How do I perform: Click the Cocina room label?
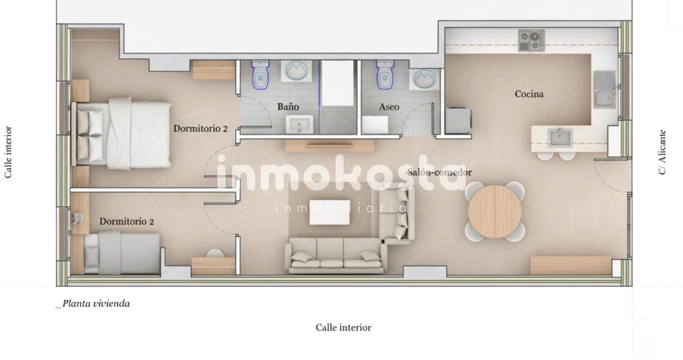click(529, 94)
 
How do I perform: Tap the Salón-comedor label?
click(439, 172)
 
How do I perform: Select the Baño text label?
click(288, 107)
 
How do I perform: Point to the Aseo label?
click(389, 107)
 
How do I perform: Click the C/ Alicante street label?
click(663, 152)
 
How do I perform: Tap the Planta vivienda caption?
click(94, 304)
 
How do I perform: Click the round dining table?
click(495, 212)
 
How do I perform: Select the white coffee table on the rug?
click(330, 212)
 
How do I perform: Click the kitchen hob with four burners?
click(531, 40)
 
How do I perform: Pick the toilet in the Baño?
click(261, 74)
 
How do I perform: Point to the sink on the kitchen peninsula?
click(560, 137)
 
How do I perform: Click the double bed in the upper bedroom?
click(125, 133)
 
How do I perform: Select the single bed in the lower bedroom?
click(123, 253)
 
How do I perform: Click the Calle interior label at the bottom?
click(343, 328)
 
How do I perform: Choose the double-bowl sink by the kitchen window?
click(604, 90)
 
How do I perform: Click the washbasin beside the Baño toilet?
click(297, 71)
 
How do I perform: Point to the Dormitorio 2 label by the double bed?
click(200, 129)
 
